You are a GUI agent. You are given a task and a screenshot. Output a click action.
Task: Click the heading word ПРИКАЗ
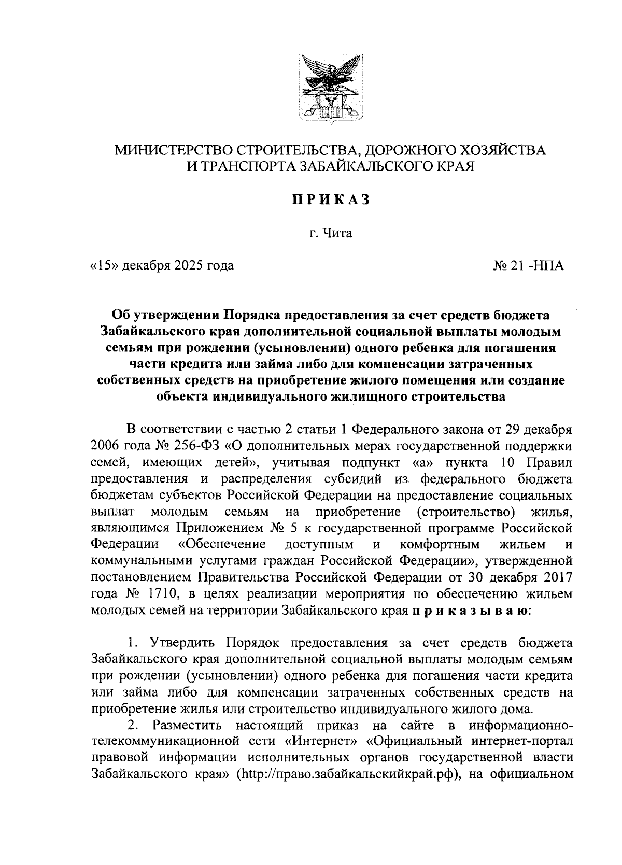pyautogui.click(x=331, y=200)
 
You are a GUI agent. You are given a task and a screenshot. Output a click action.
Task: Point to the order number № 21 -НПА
pyautogui.click(x=528, y=266)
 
